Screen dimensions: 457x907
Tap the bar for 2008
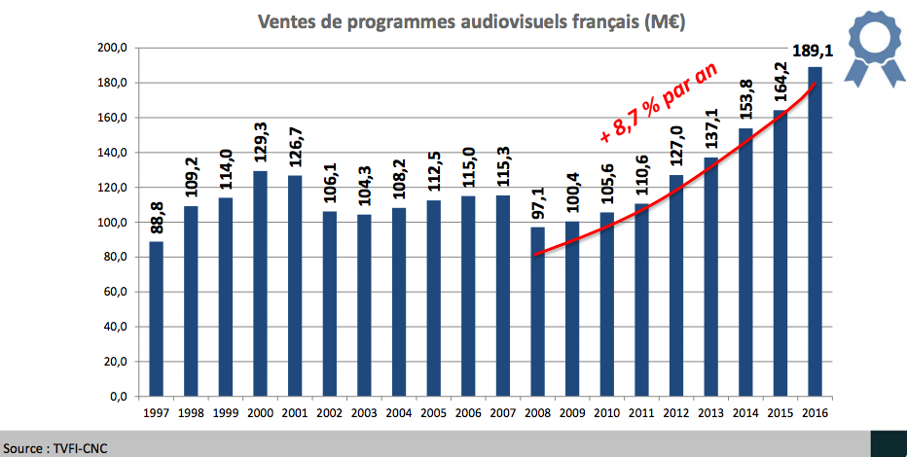(537, 311)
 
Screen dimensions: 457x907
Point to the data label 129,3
(261, 142)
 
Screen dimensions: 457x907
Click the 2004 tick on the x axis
(398, 413)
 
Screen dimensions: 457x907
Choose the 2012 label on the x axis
(674, 413)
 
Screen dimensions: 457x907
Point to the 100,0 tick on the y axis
(114, 223)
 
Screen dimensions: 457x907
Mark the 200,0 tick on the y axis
(114, 48)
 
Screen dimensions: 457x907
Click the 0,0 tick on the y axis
(119, 397)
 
